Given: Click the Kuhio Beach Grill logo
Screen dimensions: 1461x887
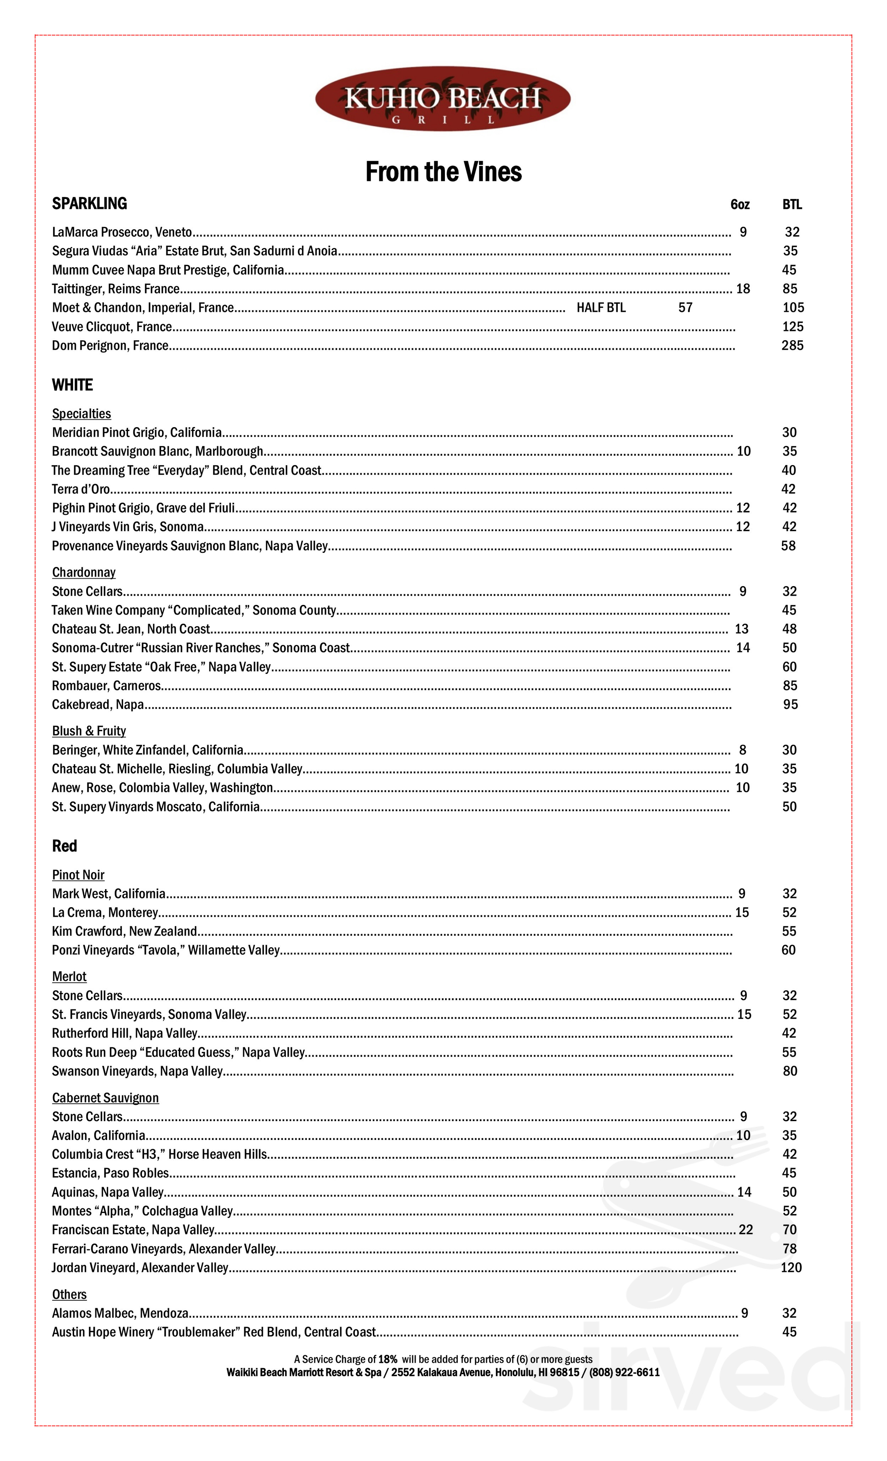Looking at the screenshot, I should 442,98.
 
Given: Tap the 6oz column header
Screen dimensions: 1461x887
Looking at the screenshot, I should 740,205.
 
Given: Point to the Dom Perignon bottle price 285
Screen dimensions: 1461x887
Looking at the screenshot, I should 792,346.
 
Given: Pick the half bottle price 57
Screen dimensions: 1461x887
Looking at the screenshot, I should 685,308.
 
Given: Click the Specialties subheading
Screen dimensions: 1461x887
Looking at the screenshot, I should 81,414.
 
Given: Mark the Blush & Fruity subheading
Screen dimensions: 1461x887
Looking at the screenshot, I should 89,731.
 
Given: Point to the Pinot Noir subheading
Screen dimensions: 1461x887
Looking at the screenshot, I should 78,875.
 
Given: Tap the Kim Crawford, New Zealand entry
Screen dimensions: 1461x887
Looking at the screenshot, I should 125,932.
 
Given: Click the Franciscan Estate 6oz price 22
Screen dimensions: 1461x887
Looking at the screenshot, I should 746,1230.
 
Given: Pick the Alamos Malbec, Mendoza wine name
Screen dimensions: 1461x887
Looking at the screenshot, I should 120,1313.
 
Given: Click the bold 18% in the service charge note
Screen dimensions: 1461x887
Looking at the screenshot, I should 388,1360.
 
